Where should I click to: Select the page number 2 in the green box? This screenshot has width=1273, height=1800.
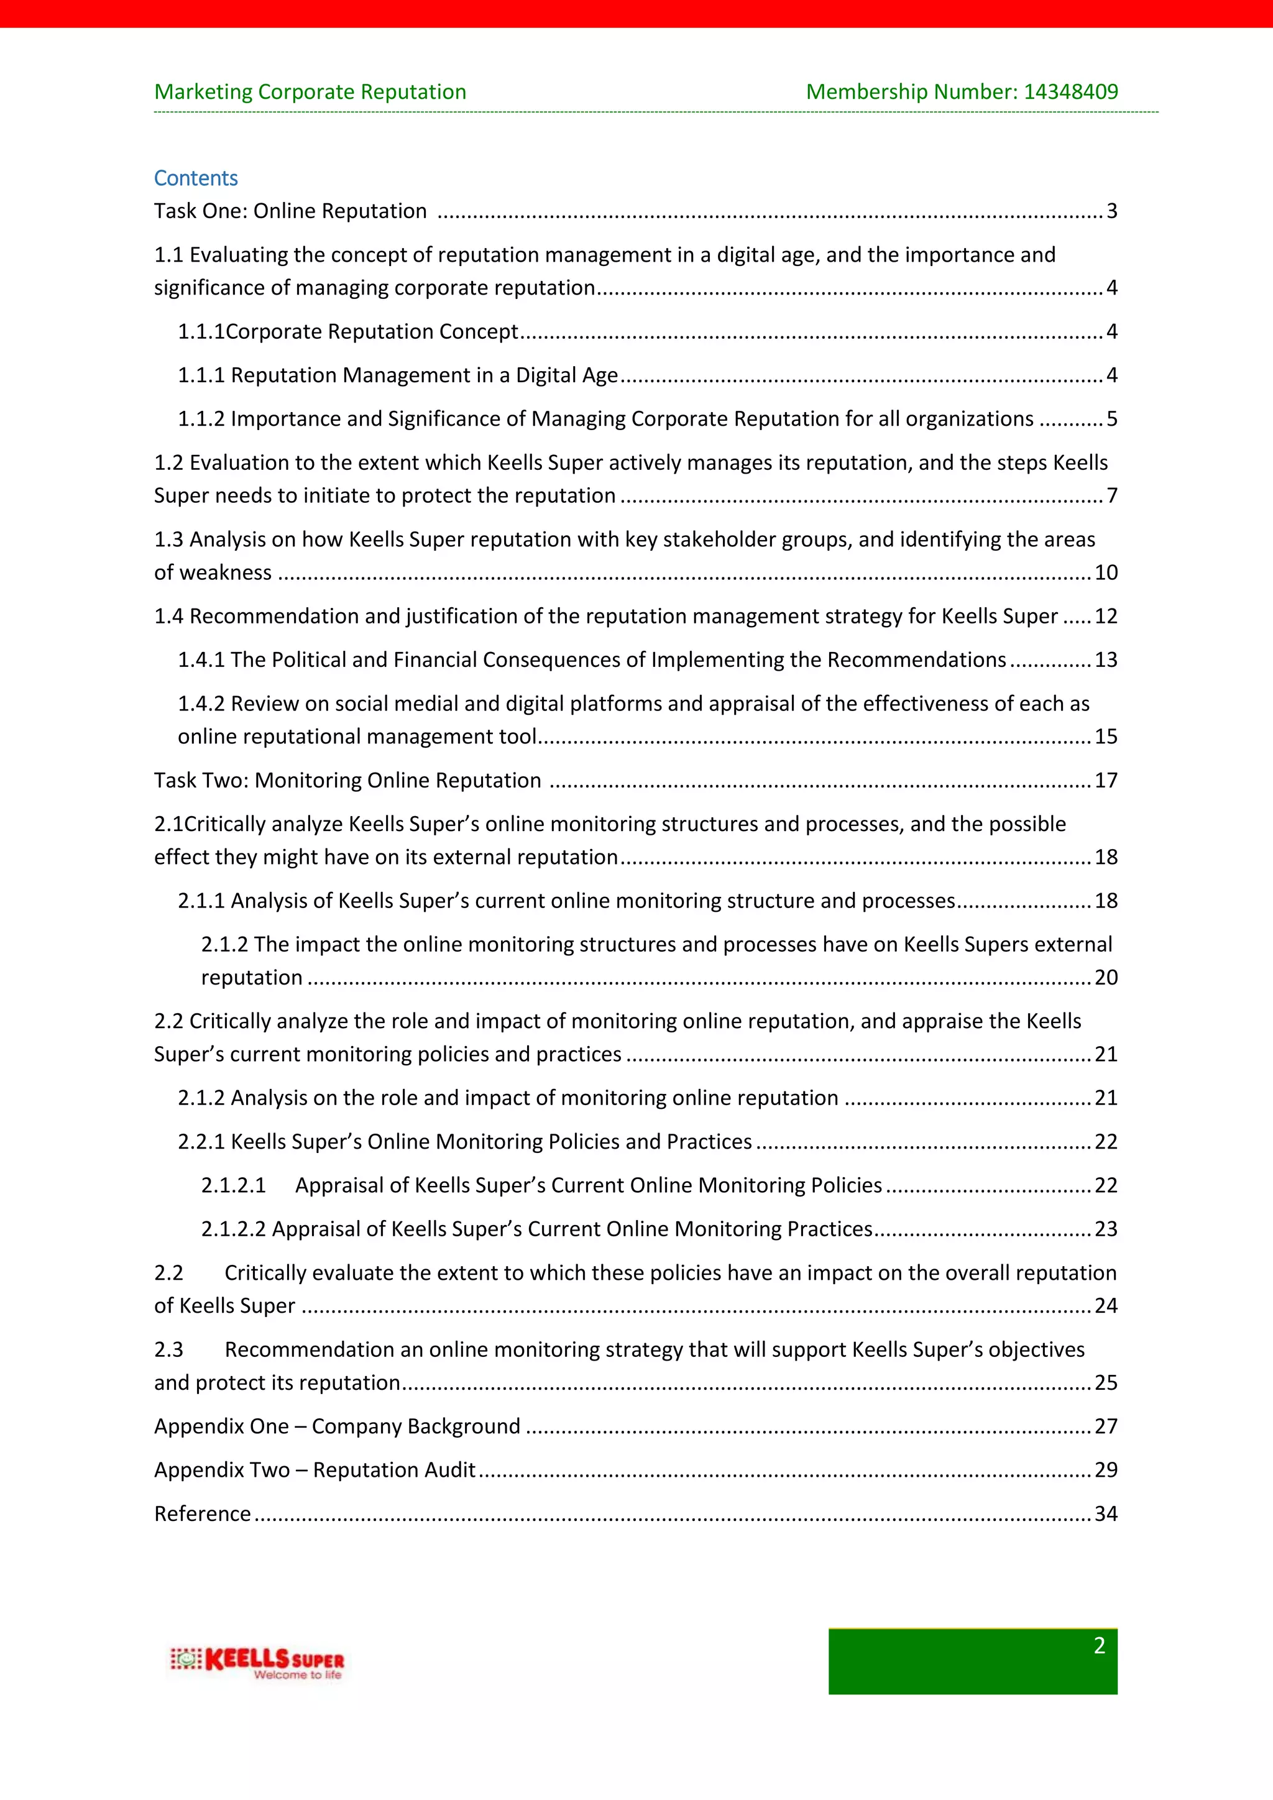click(x=1099, y=1646)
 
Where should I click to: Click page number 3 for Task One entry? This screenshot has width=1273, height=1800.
click(x=1111, y=211)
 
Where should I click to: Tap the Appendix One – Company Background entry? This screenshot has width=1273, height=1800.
click(x=337, y=1426)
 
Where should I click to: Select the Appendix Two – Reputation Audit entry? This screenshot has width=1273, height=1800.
click(x=315, y=1470)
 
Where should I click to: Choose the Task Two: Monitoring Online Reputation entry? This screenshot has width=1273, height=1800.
click(x=347, y=780)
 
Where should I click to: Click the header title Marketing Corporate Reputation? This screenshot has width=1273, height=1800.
click(x=310, y=92)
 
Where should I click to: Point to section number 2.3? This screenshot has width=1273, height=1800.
click(x=168, y=1349)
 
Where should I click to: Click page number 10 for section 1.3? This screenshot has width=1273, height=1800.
click(x=1105, y=572)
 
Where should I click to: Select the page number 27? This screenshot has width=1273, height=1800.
click(x=1105, y=1426)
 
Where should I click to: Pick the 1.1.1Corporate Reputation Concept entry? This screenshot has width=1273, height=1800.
click(x=348, y=332)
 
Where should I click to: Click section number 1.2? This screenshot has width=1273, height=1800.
click(x=168, y=462)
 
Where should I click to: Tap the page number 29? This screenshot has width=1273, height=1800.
click(x=1105, y=1470)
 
